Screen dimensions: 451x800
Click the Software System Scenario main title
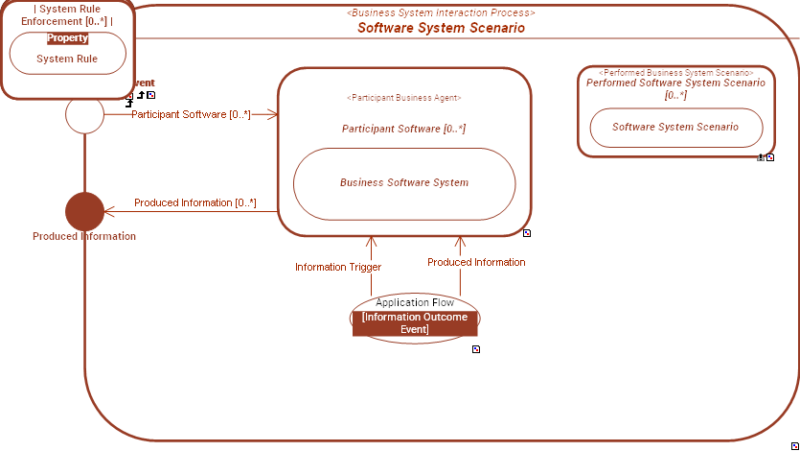(x=441, y=28)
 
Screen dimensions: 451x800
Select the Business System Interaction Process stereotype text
(x=441, y=12)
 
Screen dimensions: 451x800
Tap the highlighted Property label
(x=67, y=38)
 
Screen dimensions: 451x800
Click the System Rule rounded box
(x=67, y=59)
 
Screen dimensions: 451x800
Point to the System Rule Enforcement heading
(x=67, y=14)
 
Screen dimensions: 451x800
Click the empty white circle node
(x=84, y=115)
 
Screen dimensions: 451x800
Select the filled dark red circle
(x=84, y=211)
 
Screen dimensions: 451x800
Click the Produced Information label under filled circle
(x=84, y=236)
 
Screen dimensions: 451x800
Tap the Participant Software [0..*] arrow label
(x=191, y=114)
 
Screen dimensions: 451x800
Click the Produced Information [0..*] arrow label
(x=195, y=202)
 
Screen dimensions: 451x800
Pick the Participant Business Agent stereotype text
(x=403, y=98)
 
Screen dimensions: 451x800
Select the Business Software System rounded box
(x=403, y=182)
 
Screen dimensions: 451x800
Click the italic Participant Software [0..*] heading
(x=403, y=129)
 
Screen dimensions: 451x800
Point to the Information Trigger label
(x=338, y=267)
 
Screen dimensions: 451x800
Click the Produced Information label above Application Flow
(x=476, y=262)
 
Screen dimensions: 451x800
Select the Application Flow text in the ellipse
(x=415, y=302)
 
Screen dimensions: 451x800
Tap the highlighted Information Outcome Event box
(x=415, y=323)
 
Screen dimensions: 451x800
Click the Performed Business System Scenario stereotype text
(x=675, y=73)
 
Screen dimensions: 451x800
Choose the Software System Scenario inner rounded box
(x=675, y=127)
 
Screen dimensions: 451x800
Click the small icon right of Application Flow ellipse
(x=476, y=349)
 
